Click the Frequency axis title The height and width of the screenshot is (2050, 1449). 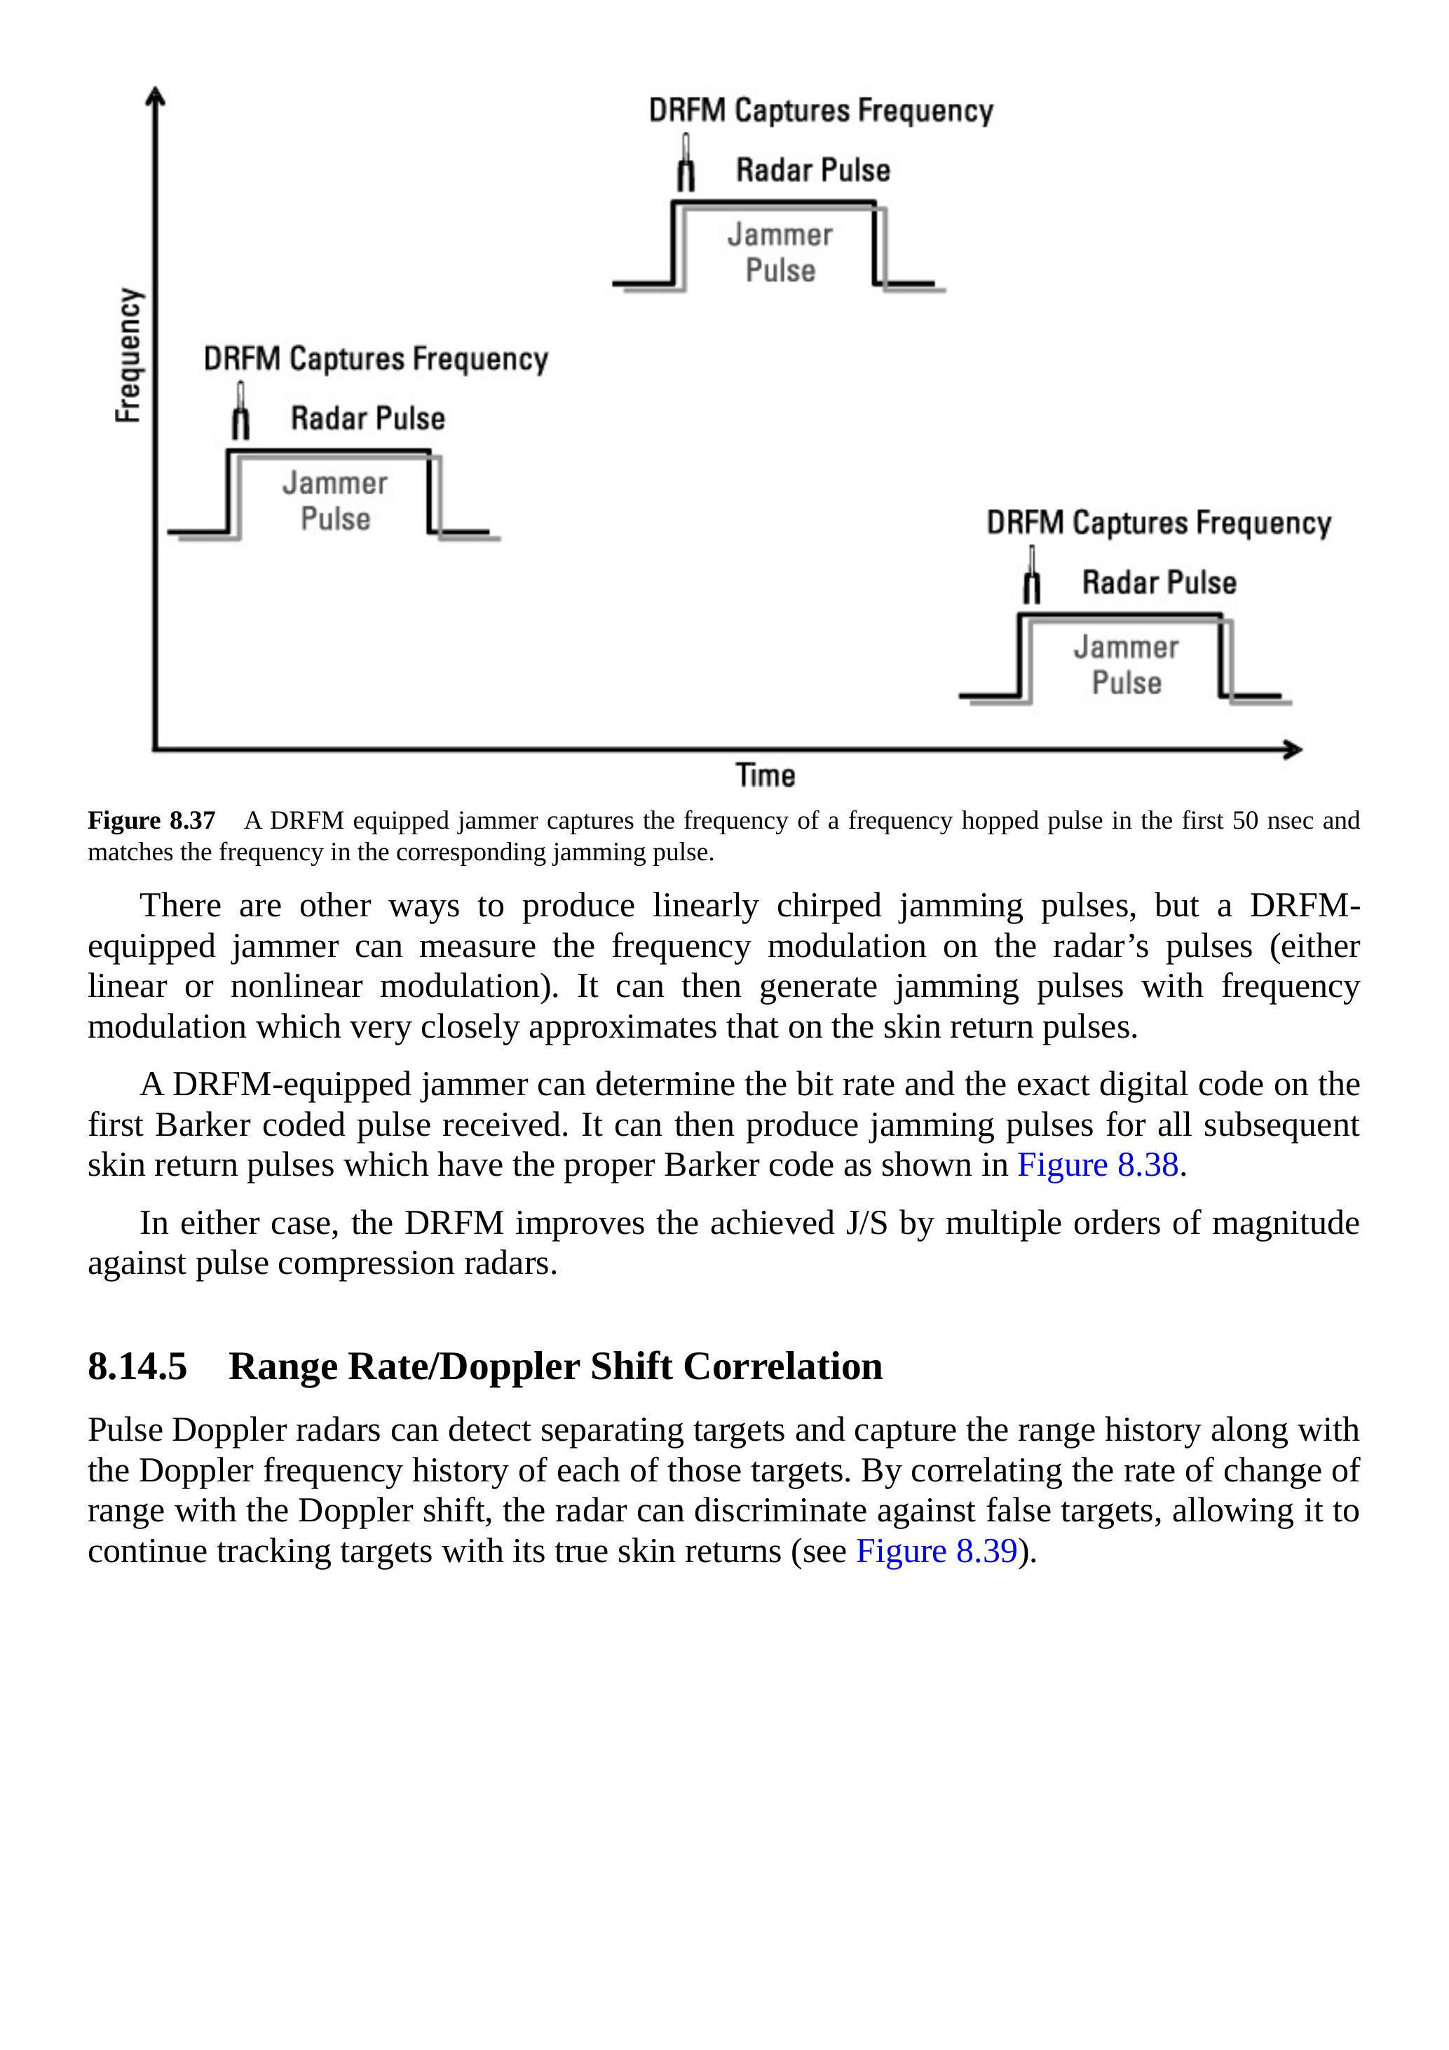tap(130, 355)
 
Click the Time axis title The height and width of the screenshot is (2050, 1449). tap(765, 775)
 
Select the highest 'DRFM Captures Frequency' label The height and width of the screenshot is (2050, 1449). tap(820, 111)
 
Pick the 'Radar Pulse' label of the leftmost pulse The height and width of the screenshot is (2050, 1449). tap(368, 418)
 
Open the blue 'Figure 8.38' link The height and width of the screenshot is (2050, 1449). tap(1097, 1165)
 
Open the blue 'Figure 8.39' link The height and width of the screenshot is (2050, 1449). tap(937, 1551)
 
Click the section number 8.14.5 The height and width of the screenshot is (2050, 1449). tap(137, 1366)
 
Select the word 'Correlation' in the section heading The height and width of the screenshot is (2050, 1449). tap(782, 1366)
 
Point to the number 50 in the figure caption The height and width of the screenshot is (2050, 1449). tap(1244, 820)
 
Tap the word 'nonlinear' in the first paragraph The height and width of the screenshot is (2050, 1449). tap(297, 986)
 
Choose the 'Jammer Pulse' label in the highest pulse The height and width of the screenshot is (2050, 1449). tap(780, 252)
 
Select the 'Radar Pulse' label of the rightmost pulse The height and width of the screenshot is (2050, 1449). tap(1159, 582)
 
